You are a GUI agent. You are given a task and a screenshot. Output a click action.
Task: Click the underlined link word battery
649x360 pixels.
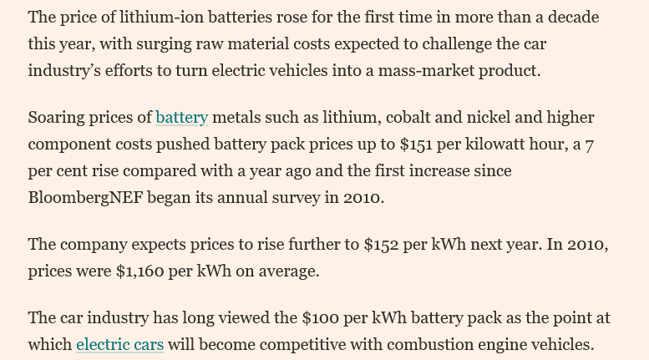(181, 117)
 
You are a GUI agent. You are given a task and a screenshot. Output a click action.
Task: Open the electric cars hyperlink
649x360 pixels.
(119, 344)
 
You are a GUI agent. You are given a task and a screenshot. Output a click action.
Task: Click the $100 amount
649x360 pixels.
(319, 317)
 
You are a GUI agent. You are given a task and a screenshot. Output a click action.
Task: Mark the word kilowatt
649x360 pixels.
(506, 144)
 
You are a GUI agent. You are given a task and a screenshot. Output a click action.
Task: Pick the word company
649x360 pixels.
(91, 245)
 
